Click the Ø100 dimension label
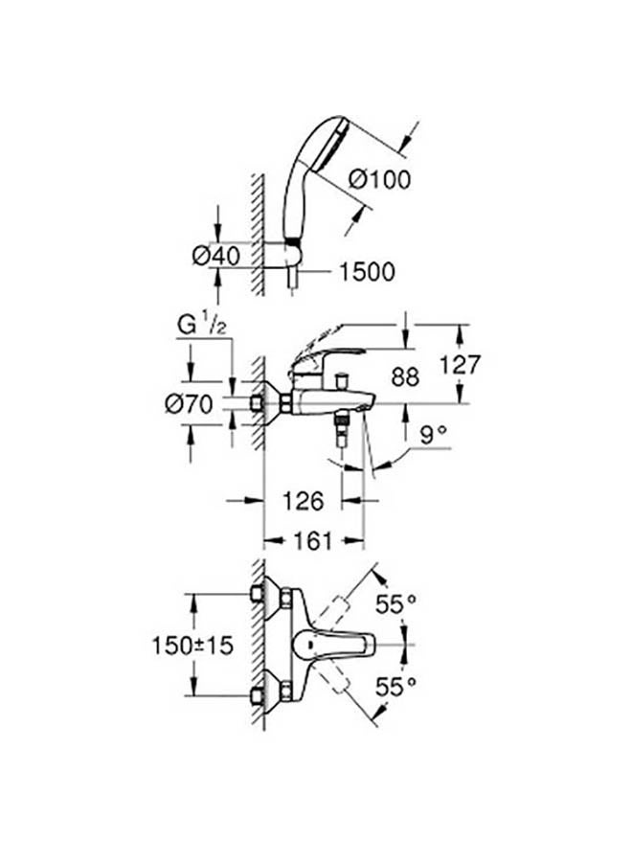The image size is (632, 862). click(380, 179)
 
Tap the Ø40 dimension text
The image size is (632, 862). click(217, 256)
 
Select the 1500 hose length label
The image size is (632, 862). click(367, 272)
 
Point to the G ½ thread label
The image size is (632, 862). click(202, 326)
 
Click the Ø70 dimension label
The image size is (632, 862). click(189, 404)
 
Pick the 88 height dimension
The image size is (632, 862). click(405, 376)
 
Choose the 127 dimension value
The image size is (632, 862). click(461, 365)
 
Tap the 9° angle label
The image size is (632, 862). click(433, 436)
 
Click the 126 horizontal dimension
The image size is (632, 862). click(304, 501)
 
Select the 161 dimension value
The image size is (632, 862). click(313, 541)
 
